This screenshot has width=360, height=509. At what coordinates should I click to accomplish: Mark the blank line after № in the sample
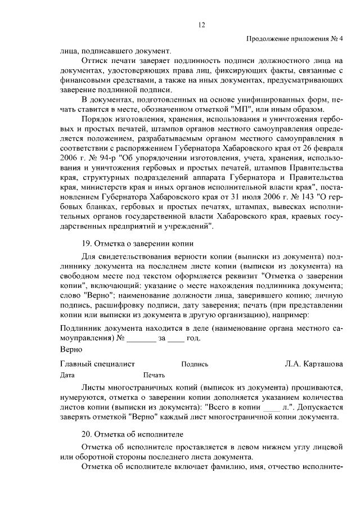(x=141, y=339)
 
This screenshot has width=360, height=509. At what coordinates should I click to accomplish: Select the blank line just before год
(x=176, y=339)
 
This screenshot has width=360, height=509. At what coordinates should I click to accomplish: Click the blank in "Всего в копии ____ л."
(x=271, y=407)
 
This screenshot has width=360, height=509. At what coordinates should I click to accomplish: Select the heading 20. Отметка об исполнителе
(x=134, y=434)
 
